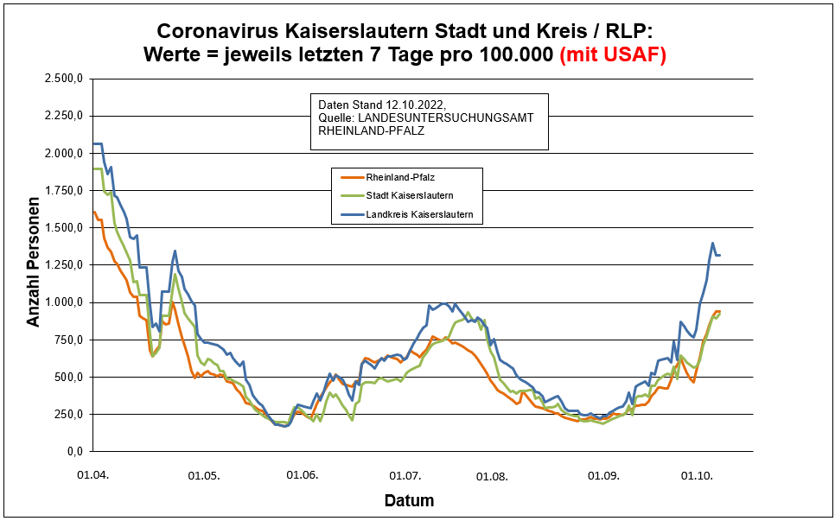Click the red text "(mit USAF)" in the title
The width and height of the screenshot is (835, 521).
coord(613,55)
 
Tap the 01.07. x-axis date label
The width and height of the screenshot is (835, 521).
coord(405,475)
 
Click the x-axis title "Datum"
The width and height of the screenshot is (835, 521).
coord(409,500)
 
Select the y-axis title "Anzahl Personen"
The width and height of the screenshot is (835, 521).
coord(34,265)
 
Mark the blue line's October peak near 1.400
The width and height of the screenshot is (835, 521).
coord(712,244)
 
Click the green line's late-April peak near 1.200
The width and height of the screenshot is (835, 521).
coord(175,275)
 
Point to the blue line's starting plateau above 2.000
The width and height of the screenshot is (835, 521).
coord(98,143)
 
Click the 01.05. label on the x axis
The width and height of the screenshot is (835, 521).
coord(205,475)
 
